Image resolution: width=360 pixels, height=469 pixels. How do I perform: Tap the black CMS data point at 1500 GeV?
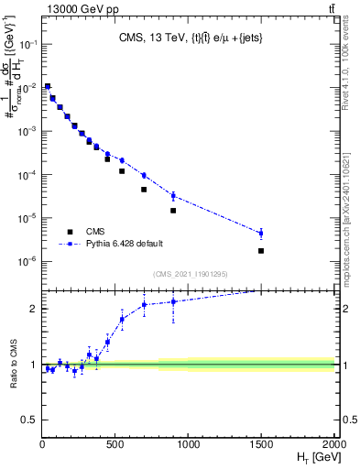point(261,251)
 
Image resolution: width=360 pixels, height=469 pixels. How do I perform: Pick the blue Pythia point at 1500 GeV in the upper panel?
point(261,233)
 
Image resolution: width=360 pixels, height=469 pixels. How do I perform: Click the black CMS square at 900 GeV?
point(173,211)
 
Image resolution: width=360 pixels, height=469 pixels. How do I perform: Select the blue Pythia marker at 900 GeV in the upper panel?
point(173,195)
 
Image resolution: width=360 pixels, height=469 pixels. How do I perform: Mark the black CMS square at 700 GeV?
point(144,190)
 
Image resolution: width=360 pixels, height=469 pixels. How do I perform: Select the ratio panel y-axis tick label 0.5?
point(29,420)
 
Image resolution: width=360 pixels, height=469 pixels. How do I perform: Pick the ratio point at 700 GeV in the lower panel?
point(144,305)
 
